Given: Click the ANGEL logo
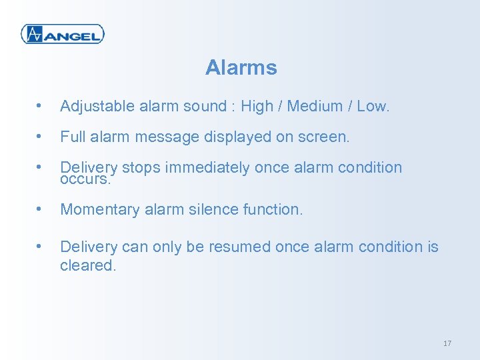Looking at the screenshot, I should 63,33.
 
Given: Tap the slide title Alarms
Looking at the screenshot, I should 241,67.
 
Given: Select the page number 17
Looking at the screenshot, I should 447,343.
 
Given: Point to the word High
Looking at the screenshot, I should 256,106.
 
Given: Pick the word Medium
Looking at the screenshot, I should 313,106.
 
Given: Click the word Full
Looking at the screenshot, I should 71,137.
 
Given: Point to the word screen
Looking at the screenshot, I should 325,137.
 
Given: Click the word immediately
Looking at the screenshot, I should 207,168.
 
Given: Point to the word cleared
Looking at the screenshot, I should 87,265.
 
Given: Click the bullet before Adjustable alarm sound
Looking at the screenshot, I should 41,106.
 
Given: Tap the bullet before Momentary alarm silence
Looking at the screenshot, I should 41,209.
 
